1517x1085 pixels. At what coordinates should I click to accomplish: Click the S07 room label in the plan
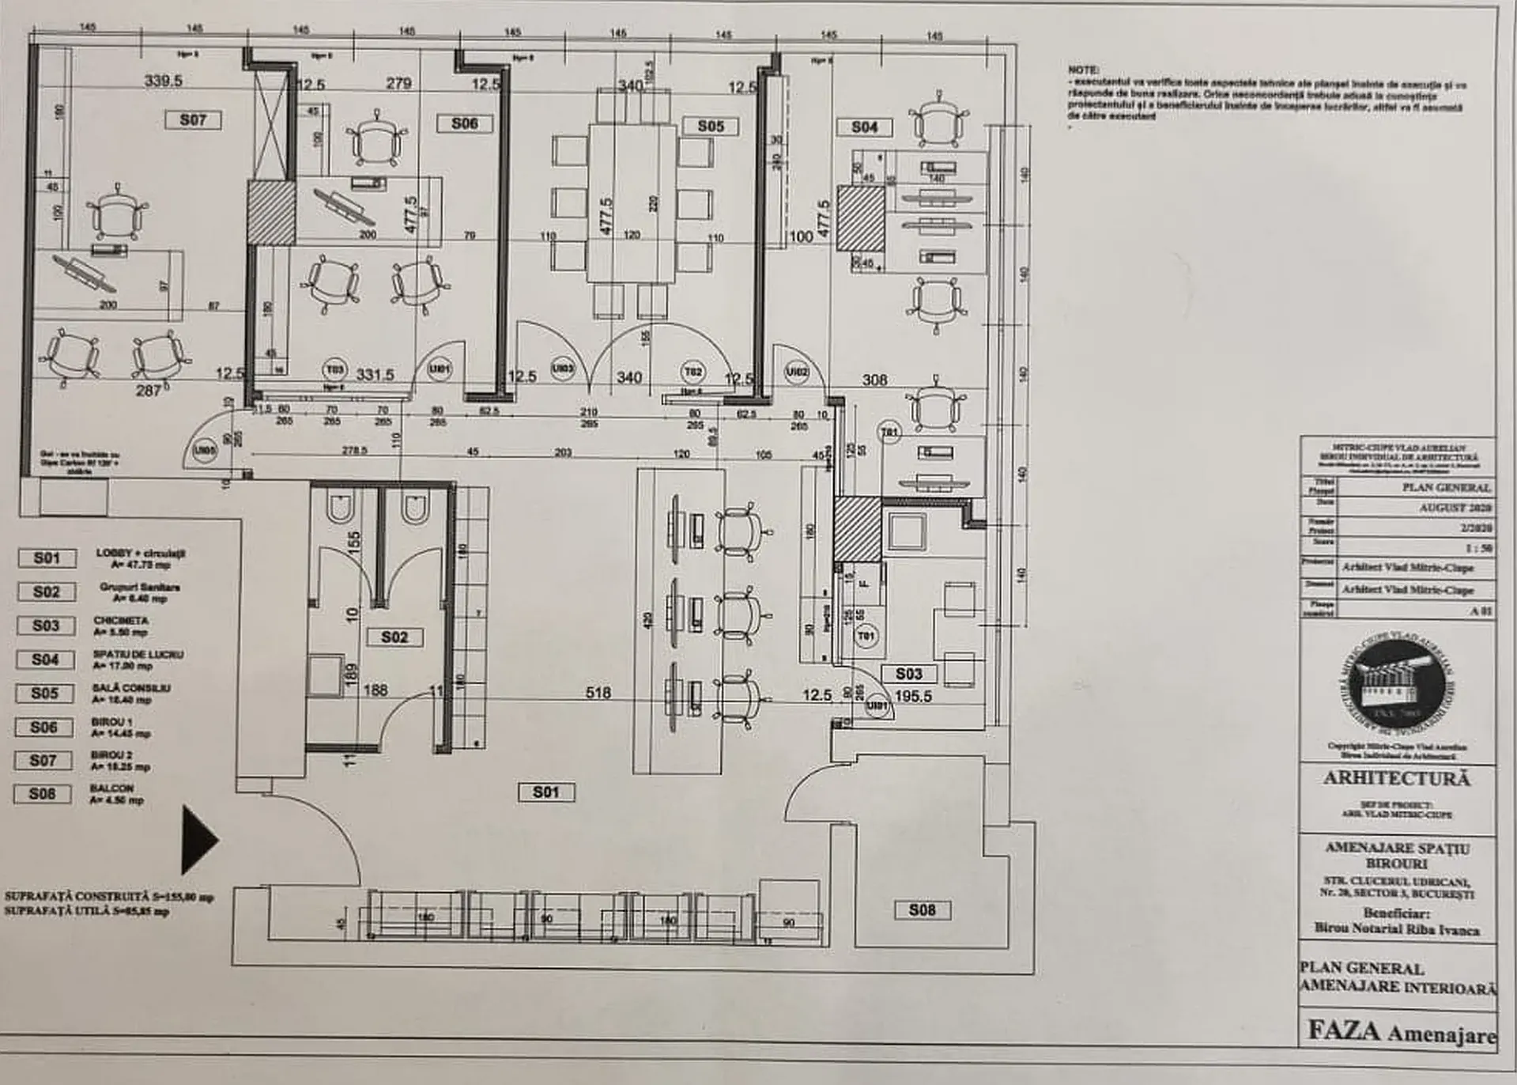pyautogui.click(x=193, y=120)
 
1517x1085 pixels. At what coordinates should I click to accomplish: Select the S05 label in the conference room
pyautogui.click(x=711, y=126)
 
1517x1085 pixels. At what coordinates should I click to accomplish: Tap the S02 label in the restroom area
pyautogui.click(x=394, y=637)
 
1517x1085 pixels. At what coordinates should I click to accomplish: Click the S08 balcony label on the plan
pyautogui.click(x=922, y=910)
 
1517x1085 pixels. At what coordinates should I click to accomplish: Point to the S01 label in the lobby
pyautogui.click(x=545, y=792)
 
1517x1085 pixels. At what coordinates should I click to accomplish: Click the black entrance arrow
pyautogui.click(x=198, y=840)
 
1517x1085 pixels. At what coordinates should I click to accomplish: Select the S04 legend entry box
pyautogui.click(x=45, y=660)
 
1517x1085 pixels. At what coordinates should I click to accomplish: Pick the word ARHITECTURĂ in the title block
pyautogui.click(x=1397, y=779)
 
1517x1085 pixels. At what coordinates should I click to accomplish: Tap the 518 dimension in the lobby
pyautogui.click(x=598, y=693)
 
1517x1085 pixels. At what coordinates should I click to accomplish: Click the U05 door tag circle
pyautogui.click(x=205, y=452)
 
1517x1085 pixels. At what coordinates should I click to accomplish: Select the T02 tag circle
pyautogui.click(x=693, y=371)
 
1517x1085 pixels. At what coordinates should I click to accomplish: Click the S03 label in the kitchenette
pyautogui.click(x=908, y=674)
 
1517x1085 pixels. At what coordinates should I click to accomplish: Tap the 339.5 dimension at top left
pyautogui.click(x=163, y=81)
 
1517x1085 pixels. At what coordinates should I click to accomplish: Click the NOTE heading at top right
pyautogui.click(x=1082, y=70)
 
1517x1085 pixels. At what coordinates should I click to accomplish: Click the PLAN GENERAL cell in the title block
pyautogui.click(x=1446, y=487)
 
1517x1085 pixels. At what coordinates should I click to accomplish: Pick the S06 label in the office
pyautogui.click(x=464, y=123)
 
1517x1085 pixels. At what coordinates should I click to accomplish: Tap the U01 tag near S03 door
pyautogui.click(x=877, y=705)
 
